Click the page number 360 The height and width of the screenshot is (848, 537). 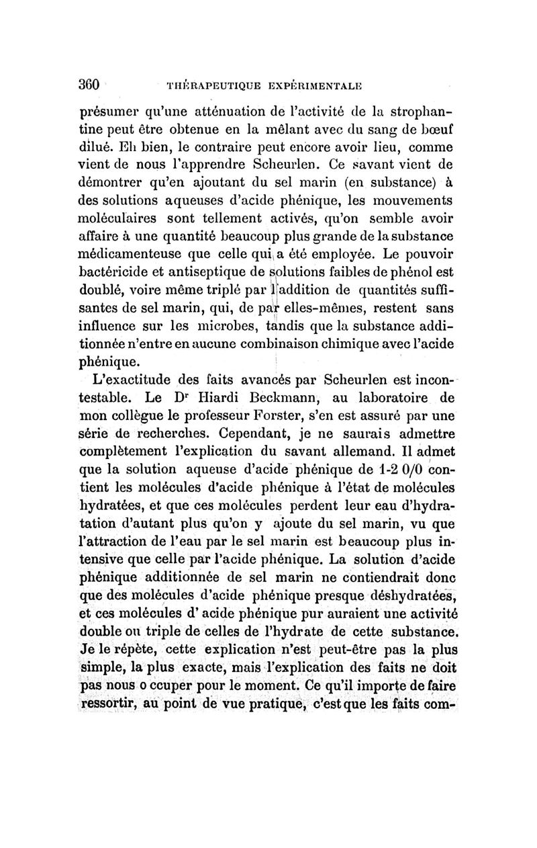coord(89,85)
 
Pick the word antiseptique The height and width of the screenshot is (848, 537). coord(194,273)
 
